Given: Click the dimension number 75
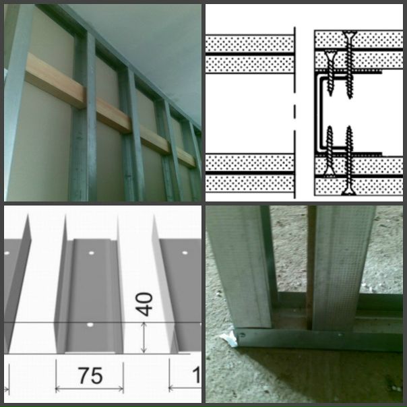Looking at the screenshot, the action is pos(90,375).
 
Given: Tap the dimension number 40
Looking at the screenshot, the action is pos(144,304).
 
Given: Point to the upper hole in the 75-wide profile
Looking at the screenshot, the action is pos(91,253).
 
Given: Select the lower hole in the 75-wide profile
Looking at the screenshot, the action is pos(90,325).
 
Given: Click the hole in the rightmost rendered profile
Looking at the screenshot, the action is pos(185,253).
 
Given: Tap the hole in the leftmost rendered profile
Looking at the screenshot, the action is pos(7,253).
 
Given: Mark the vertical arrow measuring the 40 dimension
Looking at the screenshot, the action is pos(144,338).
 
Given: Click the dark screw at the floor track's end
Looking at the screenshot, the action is pos(243,335).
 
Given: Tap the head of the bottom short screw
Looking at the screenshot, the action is pos(330,173).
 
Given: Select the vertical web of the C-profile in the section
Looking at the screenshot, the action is pos(317,113).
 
